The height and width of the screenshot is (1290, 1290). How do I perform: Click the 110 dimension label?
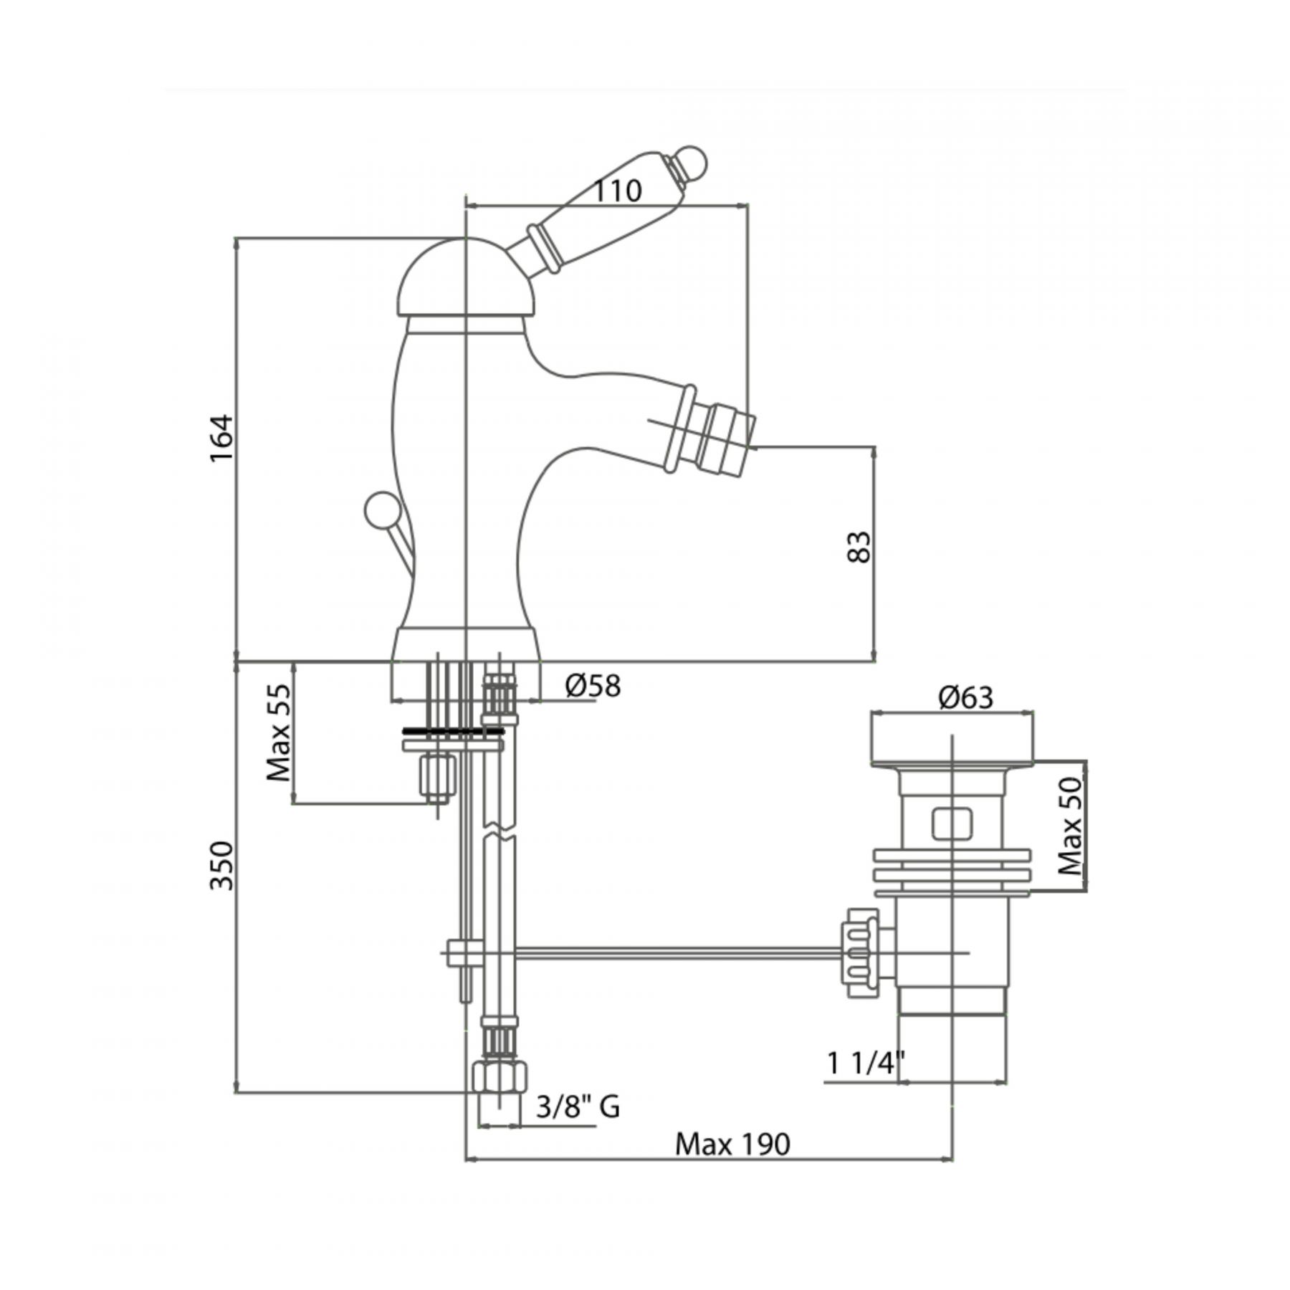[618, 191]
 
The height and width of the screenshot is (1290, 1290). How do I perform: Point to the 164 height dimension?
[222, 437]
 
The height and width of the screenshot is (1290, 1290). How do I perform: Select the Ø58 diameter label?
[593, 686]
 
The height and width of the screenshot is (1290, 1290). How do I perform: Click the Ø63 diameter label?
[966, 697]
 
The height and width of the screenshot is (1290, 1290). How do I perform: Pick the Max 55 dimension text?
[279, 732]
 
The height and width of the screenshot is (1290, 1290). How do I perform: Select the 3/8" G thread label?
[578, 1107]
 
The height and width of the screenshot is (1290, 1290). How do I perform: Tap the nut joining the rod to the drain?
[861, 953]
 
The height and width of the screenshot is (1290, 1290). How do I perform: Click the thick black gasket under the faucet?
[453, 730]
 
